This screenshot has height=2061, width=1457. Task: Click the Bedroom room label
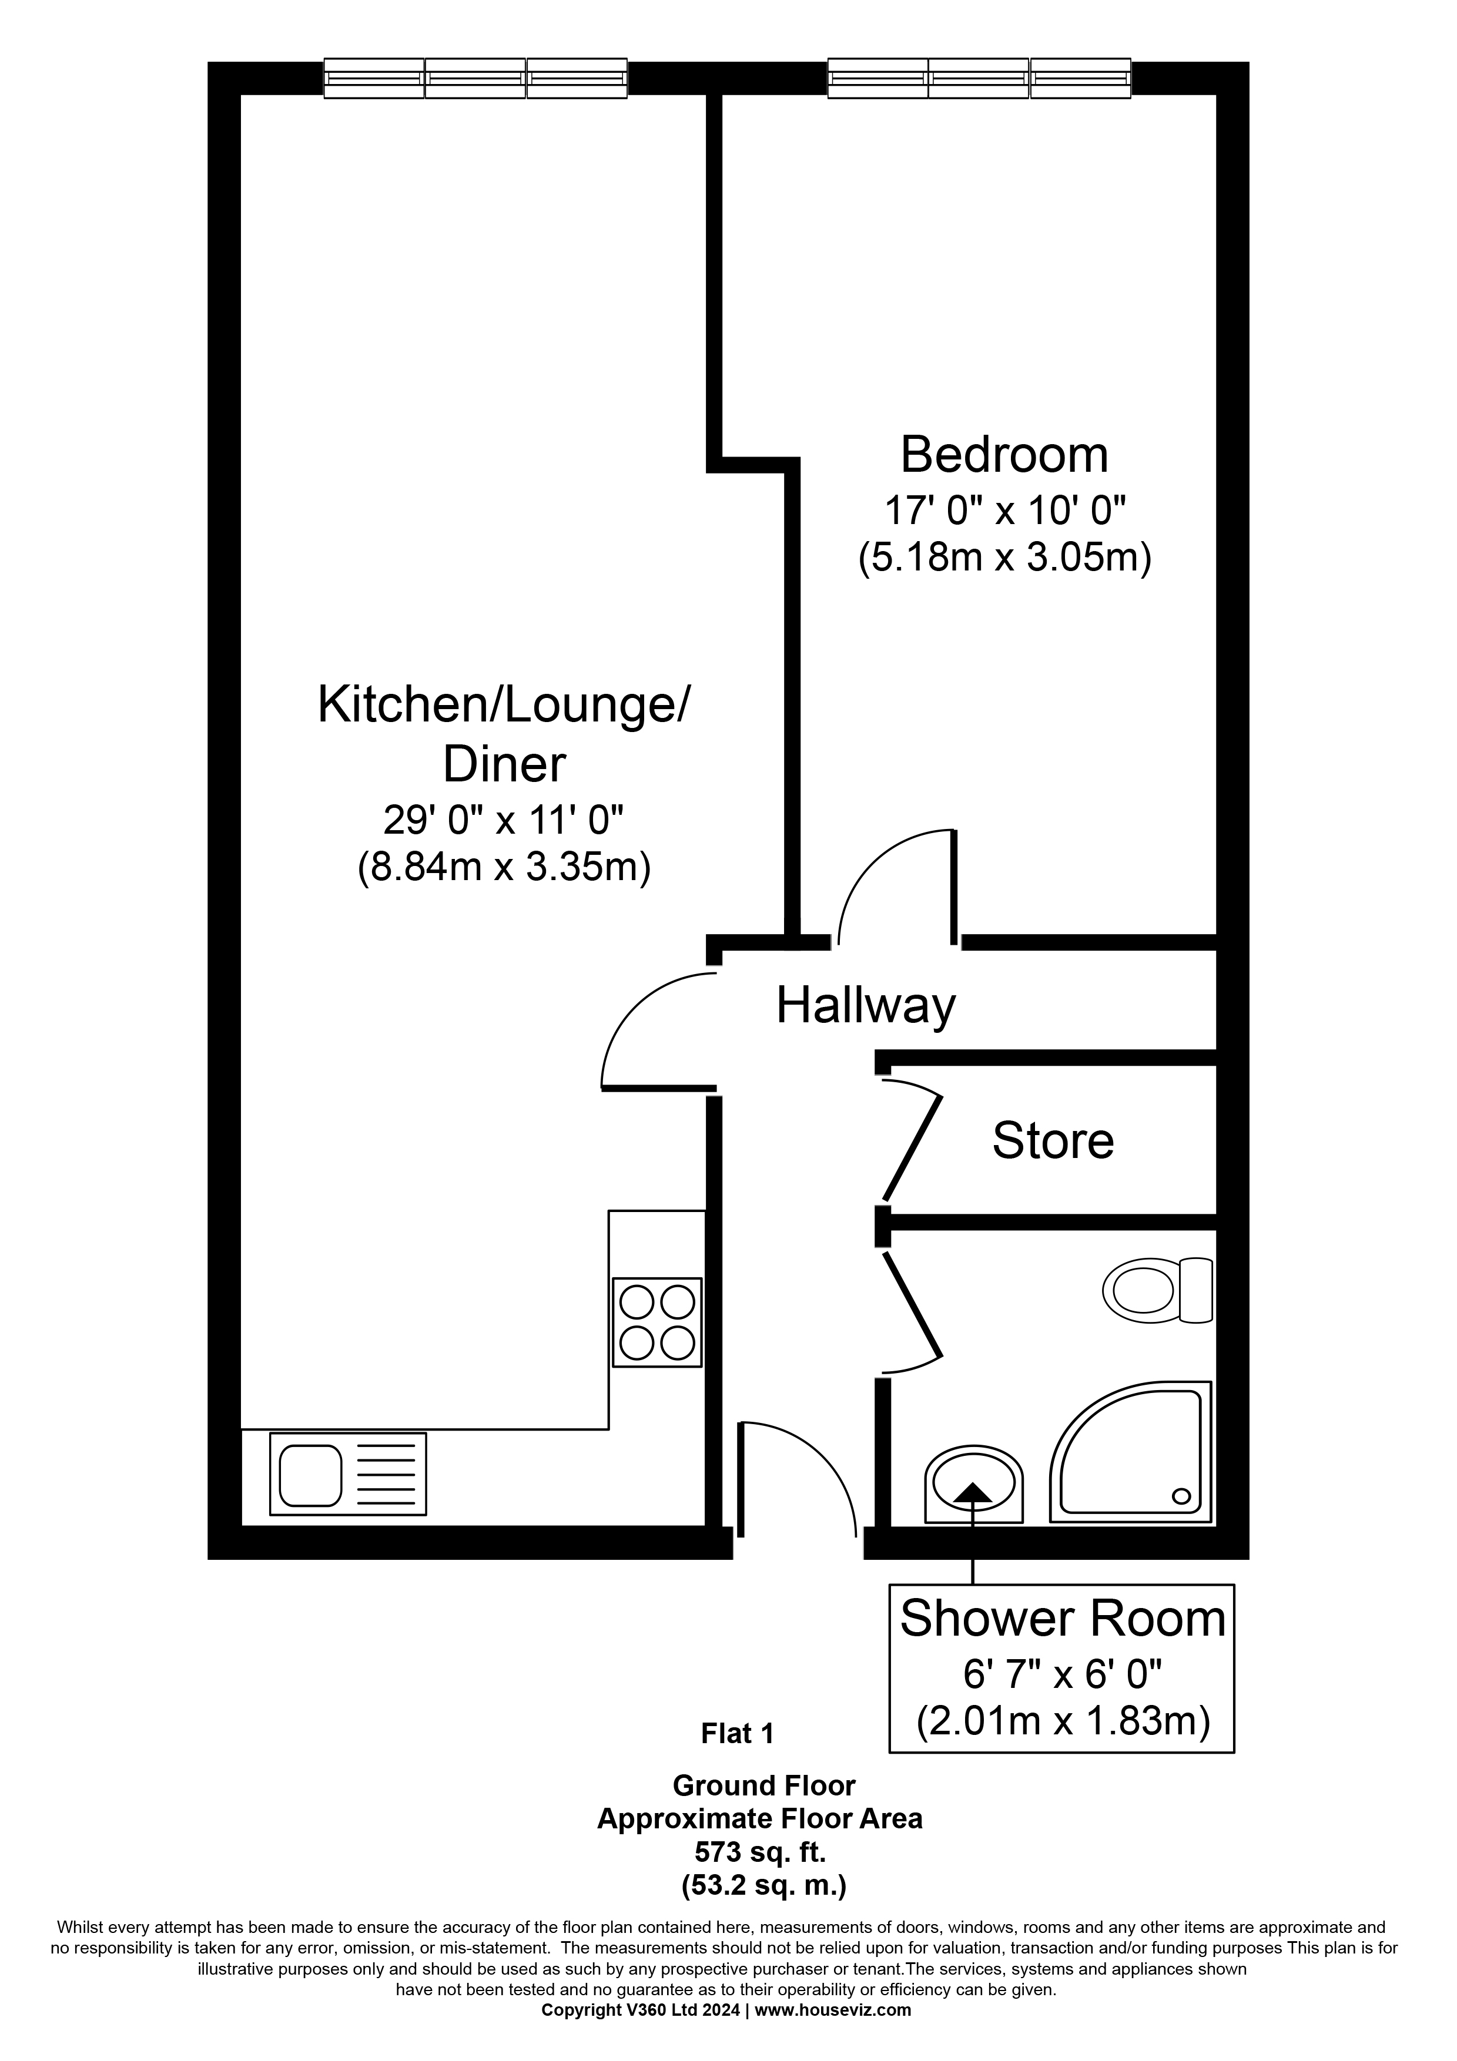click(1004, 455)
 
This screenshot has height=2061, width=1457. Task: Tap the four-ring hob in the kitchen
click(657, 1322)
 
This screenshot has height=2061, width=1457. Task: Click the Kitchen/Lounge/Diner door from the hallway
click(655, 1032)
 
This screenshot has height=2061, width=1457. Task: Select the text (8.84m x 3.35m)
click(504, 868)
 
